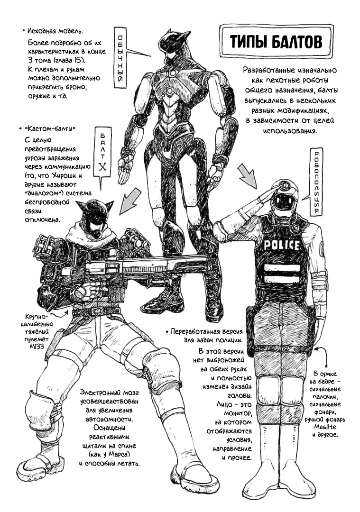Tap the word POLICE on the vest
pos(281,245)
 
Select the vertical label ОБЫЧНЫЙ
pos(120,58)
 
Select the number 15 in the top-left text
pos(80,60)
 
